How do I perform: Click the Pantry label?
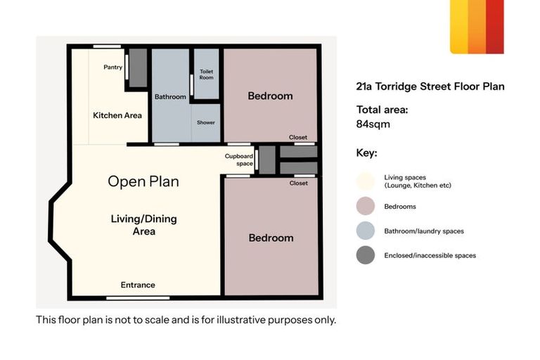pos(112,67)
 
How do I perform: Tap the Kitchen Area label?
pos(117,115)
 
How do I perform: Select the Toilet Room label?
pos(206,75)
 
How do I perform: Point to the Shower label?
pos(206,122)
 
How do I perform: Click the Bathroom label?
pos(170,97)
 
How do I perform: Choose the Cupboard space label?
pos(238,160)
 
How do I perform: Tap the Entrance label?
pos(138,285)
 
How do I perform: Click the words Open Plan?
pos(143,181)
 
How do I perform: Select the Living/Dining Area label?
pos(143,225)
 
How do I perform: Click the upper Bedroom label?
pos(270,96)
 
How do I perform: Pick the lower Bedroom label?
pos(271,238)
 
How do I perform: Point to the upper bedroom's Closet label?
pos(298,137)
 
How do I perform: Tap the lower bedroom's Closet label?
pos(299,183)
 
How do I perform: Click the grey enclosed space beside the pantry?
pos(138,67)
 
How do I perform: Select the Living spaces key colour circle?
pos(365,181)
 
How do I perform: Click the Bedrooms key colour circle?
pos(365,207)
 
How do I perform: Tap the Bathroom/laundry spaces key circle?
pos(365,231)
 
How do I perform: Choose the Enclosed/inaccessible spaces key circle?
pos(365,255)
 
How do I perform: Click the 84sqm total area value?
pos(373,124)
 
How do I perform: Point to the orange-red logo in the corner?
pos(477,27)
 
